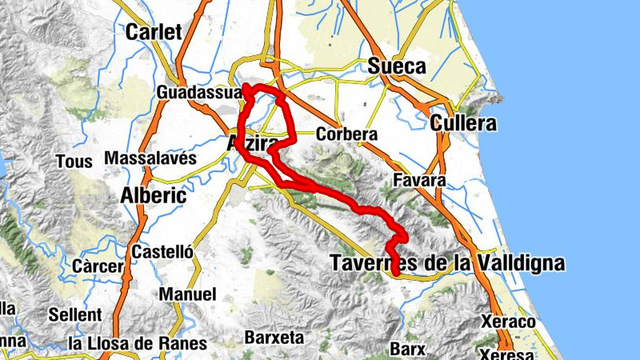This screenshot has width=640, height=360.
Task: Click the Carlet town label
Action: click(154, 32)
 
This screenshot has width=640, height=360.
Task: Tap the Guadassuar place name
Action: click(199, 93)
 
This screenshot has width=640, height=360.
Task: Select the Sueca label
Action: click(396, 67)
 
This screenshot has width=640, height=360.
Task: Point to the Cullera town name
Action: click(462, 124)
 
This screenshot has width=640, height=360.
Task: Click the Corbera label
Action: click(346, 134)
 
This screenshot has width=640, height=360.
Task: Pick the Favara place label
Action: click(419, 181)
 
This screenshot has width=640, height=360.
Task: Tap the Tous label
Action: click(69, 162)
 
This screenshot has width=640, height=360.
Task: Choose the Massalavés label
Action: click(150, 158)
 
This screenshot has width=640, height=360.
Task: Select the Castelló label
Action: click(162, 251)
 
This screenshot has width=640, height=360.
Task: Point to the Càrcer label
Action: click(98, 266)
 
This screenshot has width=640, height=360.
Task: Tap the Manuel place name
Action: click(188, 294)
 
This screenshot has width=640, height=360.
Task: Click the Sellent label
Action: click(74, 314)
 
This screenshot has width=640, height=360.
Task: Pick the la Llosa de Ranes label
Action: click(138, 344)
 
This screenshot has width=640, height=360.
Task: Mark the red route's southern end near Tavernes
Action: click(396, 274)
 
